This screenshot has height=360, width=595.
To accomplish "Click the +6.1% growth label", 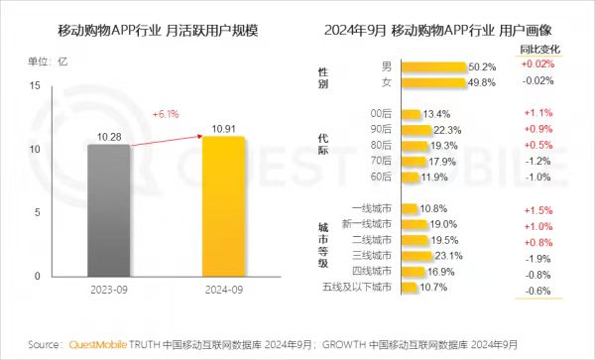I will pos(167,113).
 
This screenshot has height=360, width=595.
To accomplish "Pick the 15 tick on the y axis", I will pos(36,86).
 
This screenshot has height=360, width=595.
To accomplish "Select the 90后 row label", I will pos(381,130).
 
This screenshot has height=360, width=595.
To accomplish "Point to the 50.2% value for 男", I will pos(482,67).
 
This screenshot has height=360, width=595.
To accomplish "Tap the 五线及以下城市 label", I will pos(358,288).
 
